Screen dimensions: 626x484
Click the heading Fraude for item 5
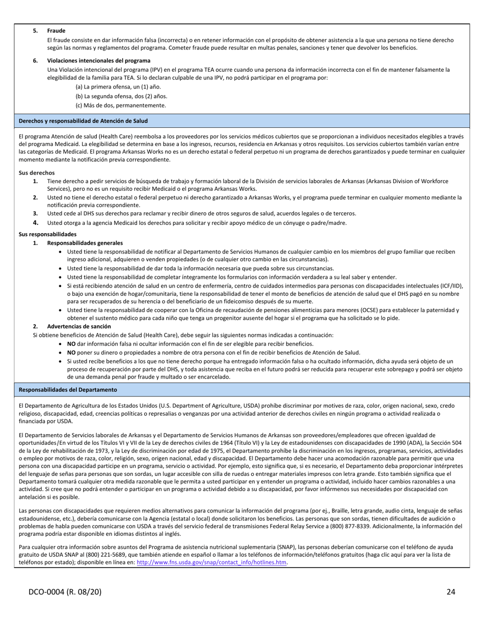56,31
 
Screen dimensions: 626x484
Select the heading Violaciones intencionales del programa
98,61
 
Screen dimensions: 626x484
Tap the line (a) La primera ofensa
111,87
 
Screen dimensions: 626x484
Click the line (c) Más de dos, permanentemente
120,105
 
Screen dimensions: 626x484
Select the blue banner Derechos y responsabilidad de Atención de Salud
83,121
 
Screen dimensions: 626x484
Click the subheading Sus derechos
37,173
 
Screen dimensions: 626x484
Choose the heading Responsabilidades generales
85,243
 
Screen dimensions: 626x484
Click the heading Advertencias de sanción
79,326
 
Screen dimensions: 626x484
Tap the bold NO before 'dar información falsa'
71,344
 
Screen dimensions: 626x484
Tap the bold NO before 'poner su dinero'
71,352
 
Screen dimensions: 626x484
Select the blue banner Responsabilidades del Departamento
68,390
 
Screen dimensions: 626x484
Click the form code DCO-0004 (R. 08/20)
65,592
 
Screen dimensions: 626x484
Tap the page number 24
450,592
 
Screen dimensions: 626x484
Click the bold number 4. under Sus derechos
36,222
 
